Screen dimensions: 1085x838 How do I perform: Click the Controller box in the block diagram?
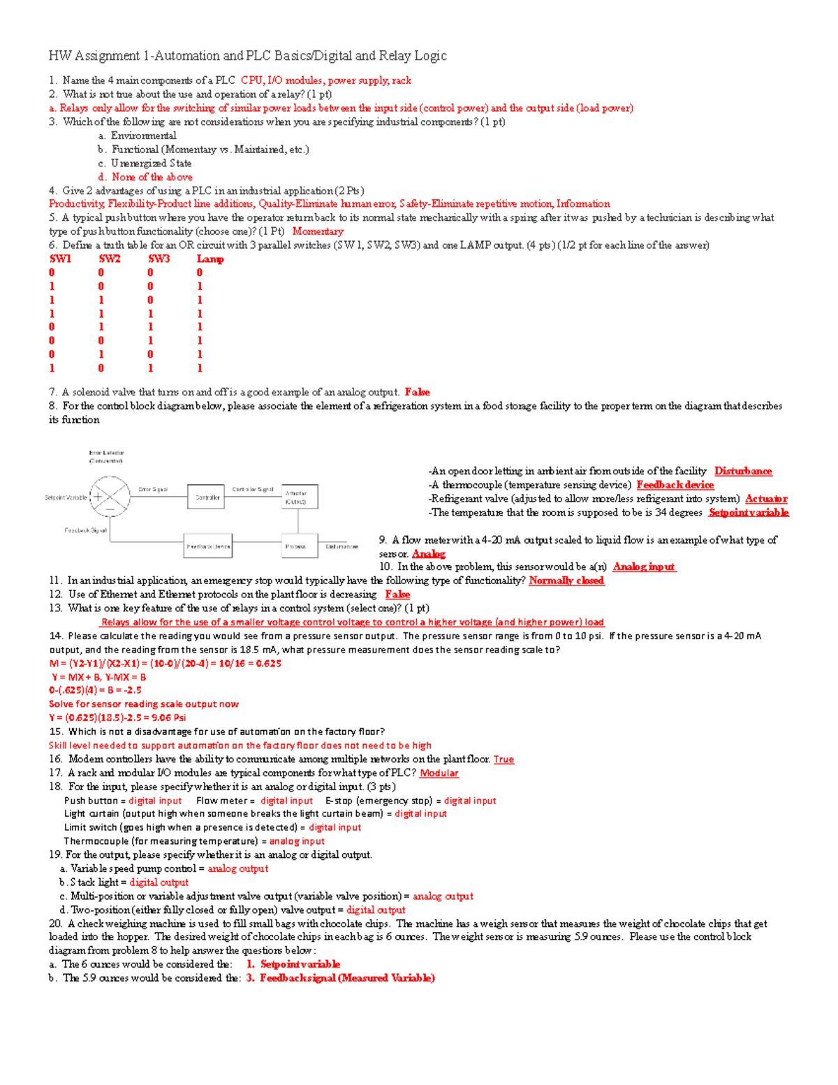click(x=207, y=497)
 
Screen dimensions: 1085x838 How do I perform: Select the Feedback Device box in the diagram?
click(x=208, y=546)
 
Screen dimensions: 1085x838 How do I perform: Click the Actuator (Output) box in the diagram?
click(x=300, y=497)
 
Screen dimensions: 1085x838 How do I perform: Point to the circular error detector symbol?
click(x=110, y=497)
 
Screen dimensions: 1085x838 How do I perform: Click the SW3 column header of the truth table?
click(x=159, y=259)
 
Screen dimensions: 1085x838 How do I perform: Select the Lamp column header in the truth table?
click(x=210, y=259)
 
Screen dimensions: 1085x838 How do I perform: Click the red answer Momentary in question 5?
click(x=318, y=231)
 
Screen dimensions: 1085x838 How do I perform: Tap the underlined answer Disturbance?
click(x=743, y=472)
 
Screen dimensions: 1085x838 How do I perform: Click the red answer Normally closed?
click(x=566, y=581)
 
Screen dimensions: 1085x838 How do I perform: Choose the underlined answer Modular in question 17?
click(x=439, y=773)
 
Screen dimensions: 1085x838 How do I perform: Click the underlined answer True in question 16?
click(x=503, y=759)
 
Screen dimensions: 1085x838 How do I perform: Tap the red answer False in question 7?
click(x=417, y=393)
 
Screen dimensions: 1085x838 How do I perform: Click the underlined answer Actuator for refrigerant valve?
click(x=766, y=499)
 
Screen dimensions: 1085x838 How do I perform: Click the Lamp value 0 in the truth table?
click(x=200, y=273)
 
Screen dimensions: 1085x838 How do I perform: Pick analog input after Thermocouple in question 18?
click(x=297, y=841)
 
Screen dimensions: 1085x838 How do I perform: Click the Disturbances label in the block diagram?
click(x=341, y=546)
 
